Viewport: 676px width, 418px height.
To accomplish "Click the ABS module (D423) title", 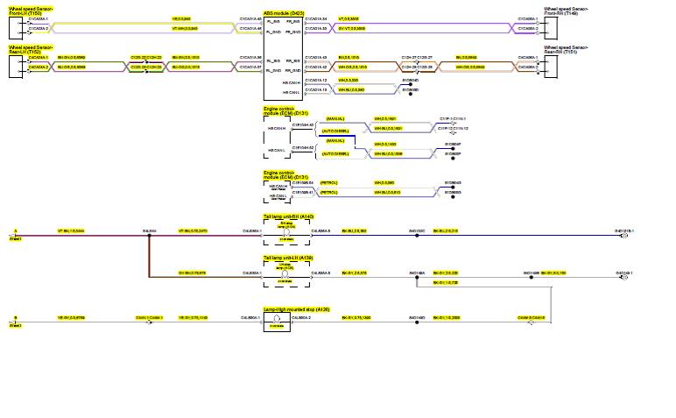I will pos(284,12).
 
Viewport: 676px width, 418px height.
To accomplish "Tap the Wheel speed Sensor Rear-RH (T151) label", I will pos(566,49).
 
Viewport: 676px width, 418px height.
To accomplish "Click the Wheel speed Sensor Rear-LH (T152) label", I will pos(30,49).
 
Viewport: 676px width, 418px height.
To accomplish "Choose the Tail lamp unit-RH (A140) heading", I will pos(288,216).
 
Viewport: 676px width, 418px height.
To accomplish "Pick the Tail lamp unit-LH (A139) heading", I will pos(288,259).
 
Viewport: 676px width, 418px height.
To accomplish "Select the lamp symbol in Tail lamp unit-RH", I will pos(285,232).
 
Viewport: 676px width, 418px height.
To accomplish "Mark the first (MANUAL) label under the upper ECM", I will pos(334,118).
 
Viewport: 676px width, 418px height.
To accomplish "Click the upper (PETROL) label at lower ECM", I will pos(329,182).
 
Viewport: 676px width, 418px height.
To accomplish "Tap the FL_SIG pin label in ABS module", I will pos(274,18).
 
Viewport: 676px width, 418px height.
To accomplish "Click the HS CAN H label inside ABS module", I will pos(291,81).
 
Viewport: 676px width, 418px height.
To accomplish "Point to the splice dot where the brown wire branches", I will pos(149,232).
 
